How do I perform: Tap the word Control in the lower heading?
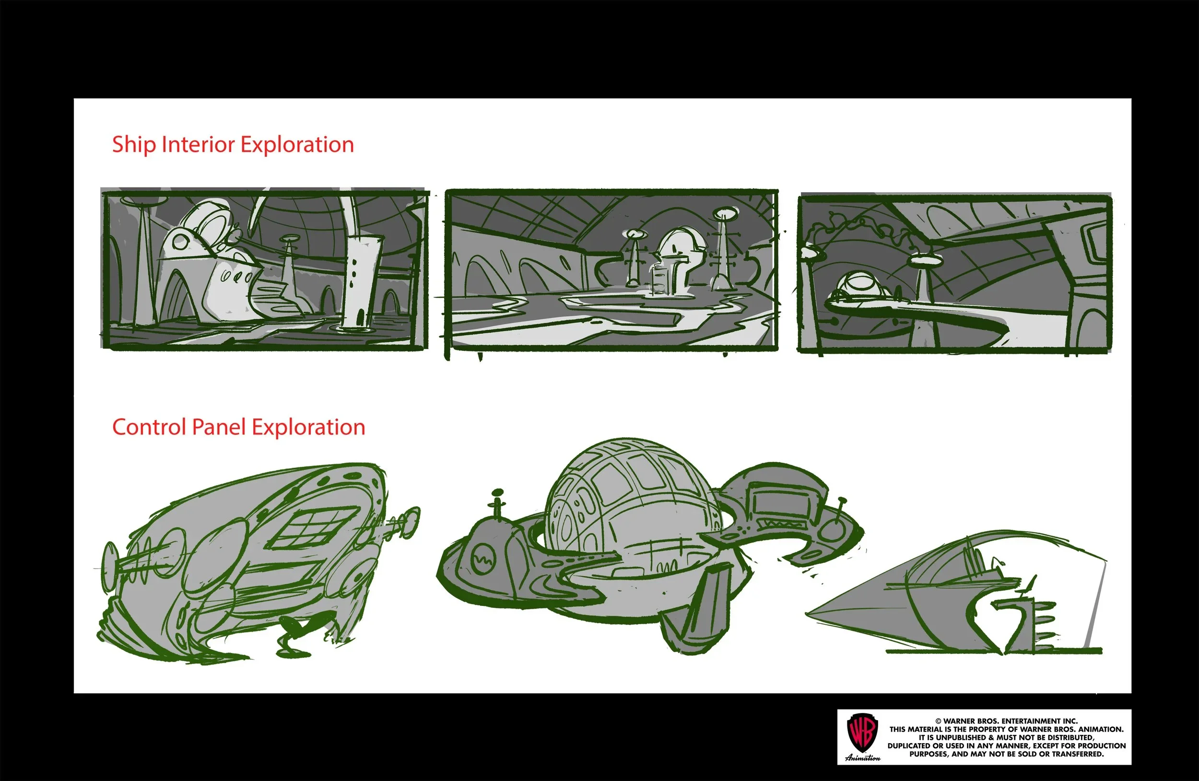coord(149,427)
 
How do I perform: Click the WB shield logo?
coord(862,733)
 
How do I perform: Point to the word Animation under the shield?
coord(862,758)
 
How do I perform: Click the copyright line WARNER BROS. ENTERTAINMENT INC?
coord(1006,721)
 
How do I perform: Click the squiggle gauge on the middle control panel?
coord(484,560)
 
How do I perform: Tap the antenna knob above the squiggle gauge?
coord(497,492)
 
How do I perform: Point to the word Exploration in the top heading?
coord(297,145)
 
